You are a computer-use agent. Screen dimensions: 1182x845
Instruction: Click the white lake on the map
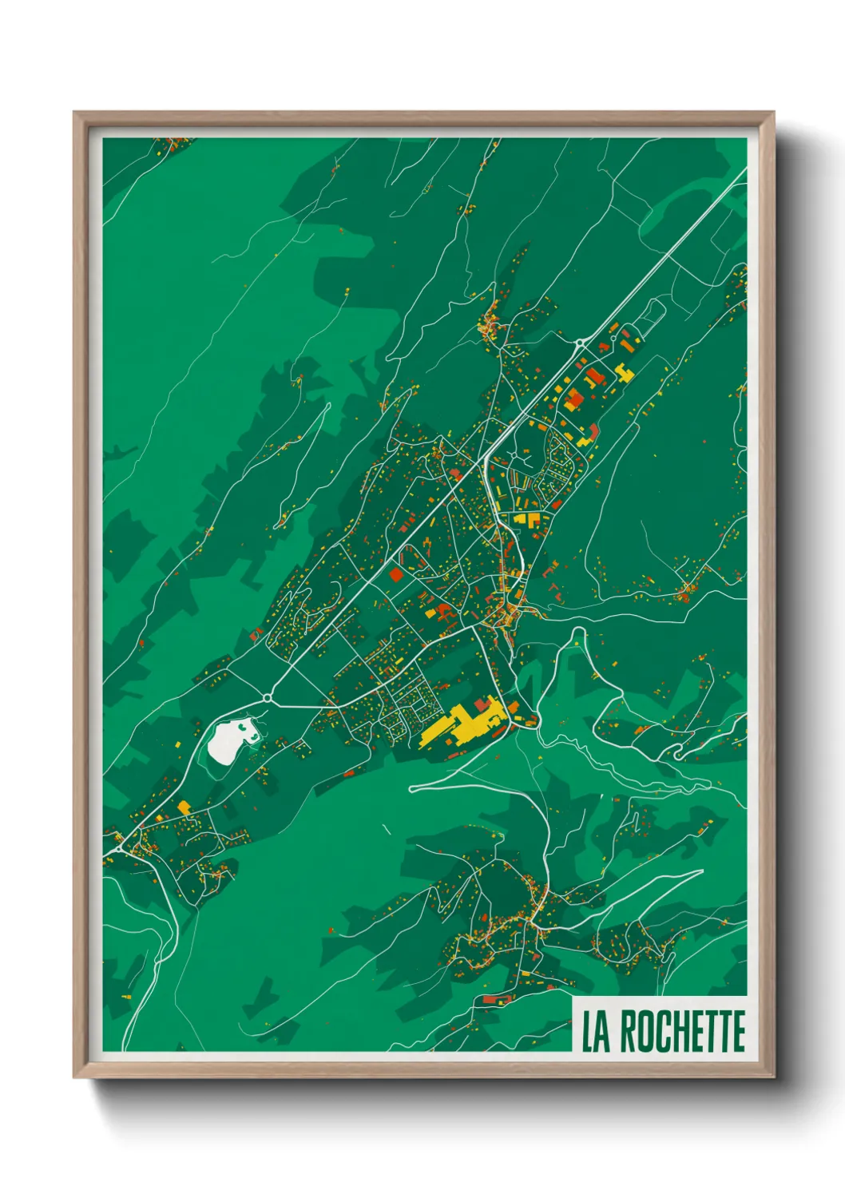[228, 740]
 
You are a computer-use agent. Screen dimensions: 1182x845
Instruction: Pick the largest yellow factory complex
[455, 722]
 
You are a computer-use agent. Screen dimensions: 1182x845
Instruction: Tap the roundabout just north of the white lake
[266, 699]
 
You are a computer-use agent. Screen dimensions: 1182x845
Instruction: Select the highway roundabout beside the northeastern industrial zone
[579, 343]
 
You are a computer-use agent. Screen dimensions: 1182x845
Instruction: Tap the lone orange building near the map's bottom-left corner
[125, 997]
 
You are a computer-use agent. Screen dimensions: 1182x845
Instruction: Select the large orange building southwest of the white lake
[184, 807]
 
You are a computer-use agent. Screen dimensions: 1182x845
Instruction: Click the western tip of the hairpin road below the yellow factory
[412, 788]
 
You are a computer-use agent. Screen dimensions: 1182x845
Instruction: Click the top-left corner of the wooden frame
[74, 113]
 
